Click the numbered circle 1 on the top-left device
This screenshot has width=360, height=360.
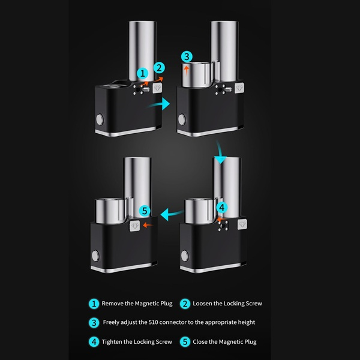click(x=143, y=73)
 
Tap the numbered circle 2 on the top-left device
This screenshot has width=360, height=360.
click(x=159, y=68)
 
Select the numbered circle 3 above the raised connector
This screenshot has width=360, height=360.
click(x=187, y=56)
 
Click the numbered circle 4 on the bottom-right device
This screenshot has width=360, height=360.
click(x=222, y=208)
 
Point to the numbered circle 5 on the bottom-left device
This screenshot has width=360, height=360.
click(x=145, y=211)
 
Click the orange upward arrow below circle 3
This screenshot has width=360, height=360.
click(x=187, y=70)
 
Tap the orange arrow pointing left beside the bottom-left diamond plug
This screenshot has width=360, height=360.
click(x=148, y=225)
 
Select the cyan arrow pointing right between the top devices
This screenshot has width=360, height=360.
click(x=159, y=104)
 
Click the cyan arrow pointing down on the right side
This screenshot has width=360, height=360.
click(x=220, y=152)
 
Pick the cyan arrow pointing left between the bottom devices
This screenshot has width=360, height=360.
click(x=172, y=214)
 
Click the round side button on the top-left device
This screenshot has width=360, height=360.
click(x=100, y=119)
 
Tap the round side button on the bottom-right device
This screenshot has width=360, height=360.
click(x=185, y=256)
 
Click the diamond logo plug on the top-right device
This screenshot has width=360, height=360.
click(x=239, y=88)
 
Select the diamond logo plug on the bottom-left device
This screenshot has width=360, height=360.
click(x=135, y=226)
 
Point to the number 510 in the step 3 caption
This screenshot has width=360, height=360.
click(x=153, y=322)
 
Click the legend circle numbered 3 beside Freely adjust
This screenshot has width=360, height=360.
click(x=94, y=323)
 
